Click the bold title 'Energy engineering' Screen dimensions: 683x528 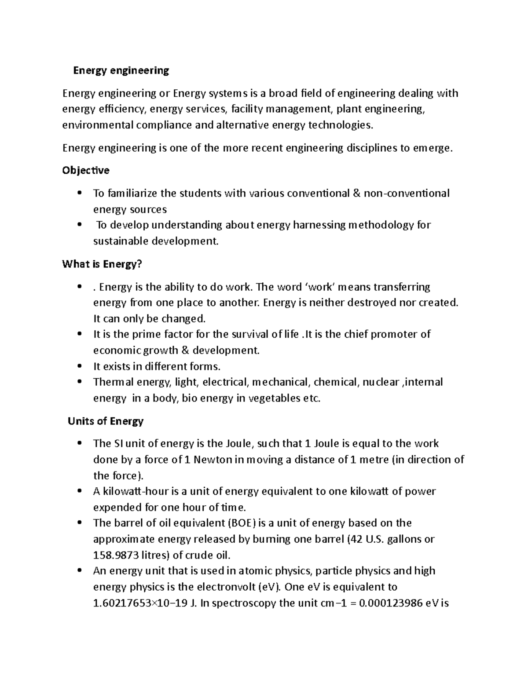coord(121,70)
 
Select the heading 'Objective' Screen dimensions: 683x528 coord(86,170)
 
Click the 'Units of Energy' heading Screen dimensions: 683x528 coord(106,421)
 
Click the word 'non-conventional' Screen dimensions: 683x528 coord(407,194)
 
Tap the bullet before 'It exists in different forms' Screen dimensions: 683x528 coord(79,366)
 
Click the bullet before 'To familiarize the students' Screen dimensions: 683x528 coord(79,193)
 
